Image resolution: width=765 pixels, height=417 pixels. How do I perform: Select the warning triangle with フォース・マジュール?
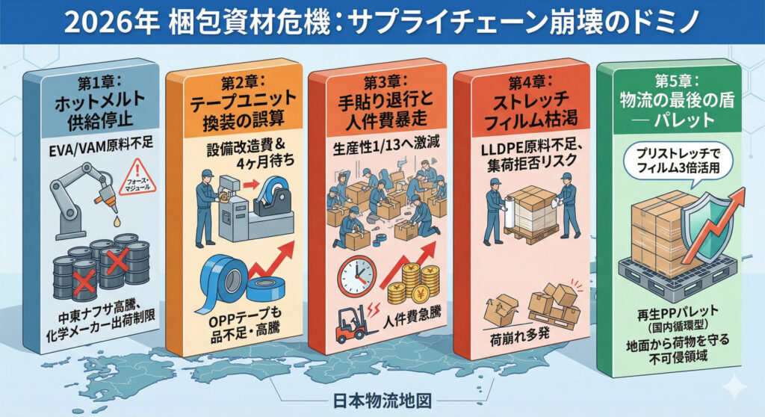pos(138,177)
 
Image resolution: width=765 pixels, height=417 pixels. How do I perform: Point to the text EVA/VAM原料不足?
pos(101,147)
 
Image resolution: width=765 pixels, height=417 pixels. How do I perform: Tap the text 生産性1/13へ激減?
pos(385,146)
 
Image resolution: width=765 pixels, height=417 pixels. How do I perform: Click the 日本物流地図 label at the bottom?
pos(382,401)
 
